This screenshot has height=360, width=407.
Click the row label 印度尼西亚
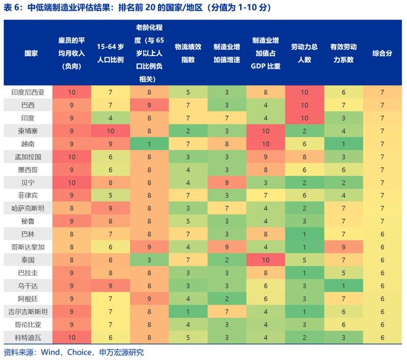click(x=27, y=92)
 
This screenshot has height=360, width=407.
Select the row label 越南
click(x=27, y=143)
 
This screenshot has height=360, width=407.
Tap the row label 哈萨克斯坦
click(x=27, y=208)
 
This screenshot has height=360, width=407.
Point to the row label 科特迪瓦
click(x=27, y=337)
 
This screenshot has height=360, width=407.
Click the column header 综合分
click(x=382, y=53)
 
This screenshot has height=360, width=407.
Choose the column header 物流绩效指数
click(x=187, y=53)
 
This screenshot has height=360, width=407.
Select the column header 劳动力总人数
click(x=304, y=53)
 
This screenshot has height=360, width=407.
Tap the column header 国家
click(x=27, y=53)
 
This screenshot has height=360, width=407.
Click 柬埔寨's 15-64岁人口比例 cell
click(x=110, y=131)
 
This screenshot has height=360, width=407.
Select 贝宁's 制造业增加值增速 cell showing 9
click(x=226, y=182)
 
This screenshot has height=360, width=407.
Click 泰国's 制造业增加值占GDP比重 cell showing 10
click(x=265, y=260)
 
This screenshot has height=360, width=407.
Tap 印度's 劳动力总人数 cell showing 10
click(x=304, y=118)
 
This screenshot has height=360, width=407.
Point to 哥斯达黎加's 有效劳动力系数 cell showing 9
click(x=343, y=247)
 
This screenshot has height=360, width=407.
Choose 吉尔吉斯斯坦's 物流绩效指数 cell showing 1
click(x=187, y=311)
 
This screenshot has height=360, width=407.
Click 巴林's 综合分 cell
click(x=382, y=234)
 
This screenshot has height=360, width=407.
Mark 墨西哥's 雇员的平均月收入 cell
click(x=72, y=170)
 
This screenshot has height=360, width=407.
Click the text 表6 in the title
click(x=13, y=8)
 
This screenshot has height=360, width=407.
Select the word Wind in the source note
click(x=51, y=353)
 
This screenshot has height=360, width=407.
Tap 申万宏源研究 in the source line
click(x=121, y=353)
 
